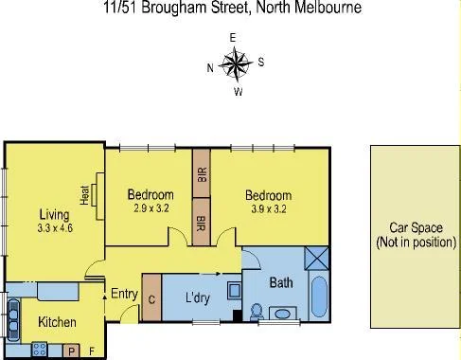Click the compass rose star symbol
pos(233,65)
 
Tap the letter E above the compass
pos(233,38)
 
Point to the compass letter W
pos(239,92)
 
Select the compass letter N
pos(209,67)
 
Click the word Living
pos(54,213)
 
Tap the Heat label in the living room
pos(84,194)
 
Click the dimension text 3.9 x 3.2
pos(268,208)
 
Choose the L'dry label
pos(198,298)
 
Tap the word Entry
pos(124,294)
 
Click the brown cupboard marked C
pos(151,297)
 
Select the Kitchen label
pos(57,323)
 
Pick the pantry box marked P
pos(71,351)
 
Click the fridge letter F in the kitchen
pos(91,351)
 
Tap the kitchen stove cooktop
pos(41,350)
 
